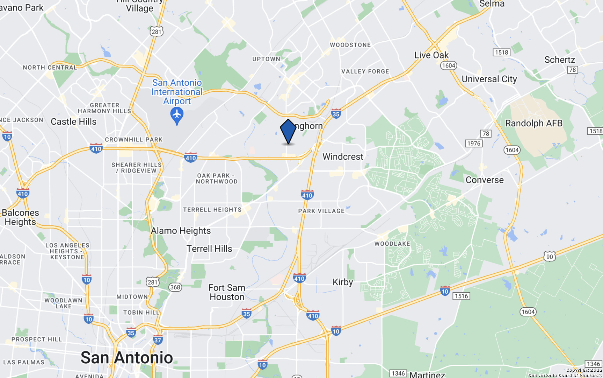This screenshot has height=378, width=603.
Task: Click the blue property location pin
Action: coord(288,131)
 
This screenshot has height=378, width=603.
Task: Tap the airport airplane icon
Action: coord(177,115)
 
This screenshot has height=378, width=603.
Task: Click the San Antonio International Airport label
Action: coord(177,92)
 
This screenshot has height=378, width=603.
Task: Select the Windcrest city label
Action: coord(343,156)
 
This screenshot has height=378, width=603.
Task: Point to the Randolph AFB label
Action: coord(533,123)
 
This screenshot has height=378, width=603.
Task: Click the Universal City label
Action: coord(489,79)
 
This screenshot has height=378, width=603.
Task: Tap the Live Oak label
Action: coord(431,55)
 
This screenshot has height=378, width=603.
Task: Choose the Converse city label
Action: coord(485,180)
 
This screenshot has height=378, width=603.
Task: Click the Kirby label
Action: coord(343,282)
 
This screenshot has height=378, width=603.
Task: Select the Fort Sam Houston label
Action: coord(227,292)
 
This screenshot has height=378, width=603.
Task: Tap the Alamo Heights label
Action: coord(181,231)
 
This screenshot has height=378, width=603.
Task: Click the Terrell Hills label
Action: coord(209,249)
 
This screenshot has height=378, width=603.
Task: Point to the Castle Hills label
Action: coord(73,122)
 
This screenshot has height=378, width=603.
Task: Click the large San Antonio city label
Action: coord(127,358)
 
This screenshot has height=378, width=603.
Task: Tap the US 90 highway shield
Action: coord(550,257)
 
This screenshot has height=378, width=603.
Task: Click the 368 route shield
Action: coord(175,287)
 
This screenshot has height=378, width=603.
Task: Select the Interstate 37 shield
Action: coord(158,340)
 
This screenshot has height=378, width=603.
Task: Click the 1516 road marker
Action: coord(461,296)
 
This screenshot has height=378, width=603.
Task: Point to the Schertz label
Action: coord(559,60)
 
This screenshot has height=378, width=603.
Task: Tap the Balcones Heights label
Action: coord(20,217)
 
